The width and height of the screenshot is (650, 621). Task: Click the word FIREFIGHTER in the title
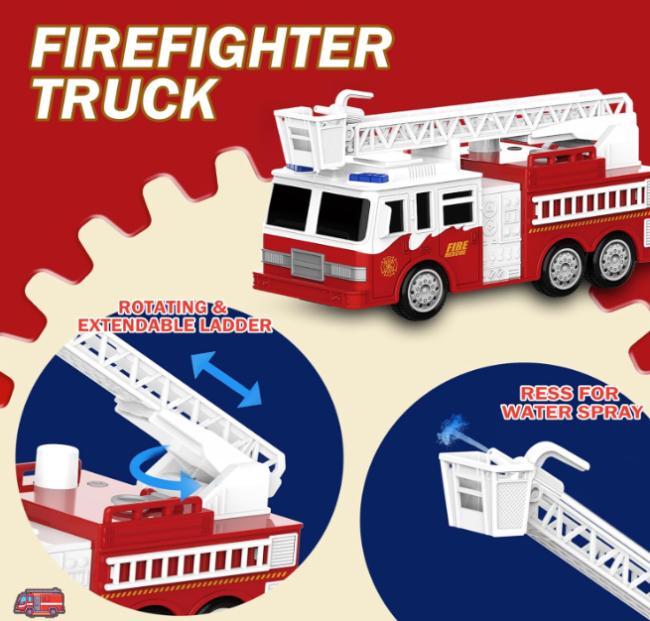[x=210, y=49]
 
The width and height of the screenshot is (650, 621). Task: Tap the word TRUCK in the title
[x=126, y=98]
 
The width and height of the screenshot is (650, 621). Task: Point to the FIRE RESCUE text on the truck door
[x=456, y=249]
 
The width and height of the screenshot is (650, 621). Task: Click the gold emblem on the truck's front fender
[x=389, y=266]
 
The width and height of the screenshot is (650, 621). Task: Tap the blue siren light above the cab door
[x=369, y=178]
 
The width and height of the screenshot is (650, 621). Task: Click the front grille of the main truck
[x=308, y=264]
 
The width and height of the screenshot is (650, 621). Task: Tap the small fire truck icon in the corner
[x=40, y=601]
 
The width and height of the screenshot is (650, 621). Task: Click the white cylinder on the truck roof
[x=58, y=466]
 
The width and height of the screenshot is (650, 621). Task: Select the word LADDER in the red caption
[x=235, y=325]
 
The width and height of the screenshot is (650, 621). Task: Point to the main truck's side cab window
[x=456, y=208]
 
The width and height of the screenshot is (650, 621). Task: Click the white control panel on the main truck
[x=501, y=236]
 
